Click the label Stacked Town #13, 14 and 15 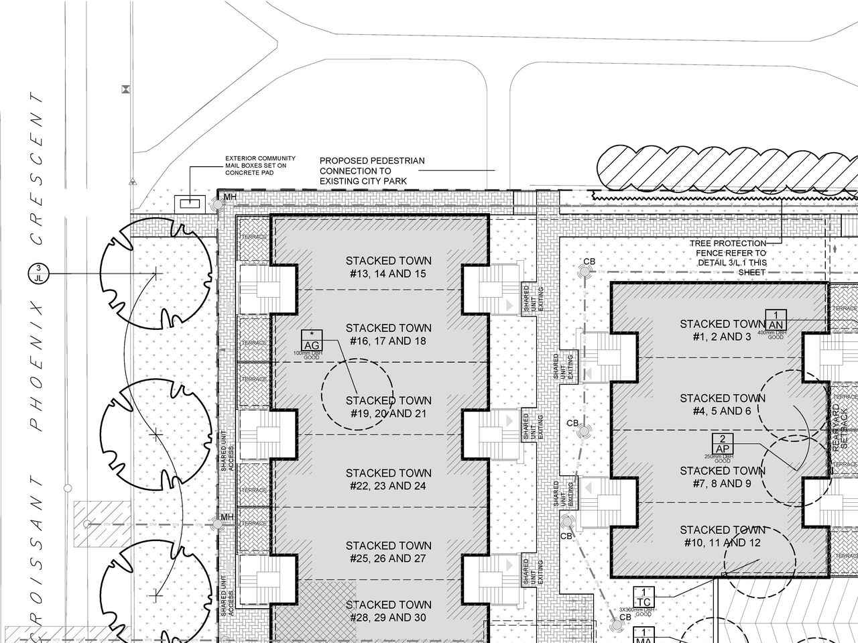(x=388, y=267)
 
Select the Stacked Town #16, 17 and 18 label (x=388, y=334)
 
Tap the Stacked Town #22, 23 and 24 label (x=388, y=479)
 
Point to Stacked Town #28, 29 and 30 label (x=388, y=611)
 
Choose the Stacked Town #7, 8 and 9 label (x=722, y=477)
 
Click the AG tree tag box (x=312, y=341)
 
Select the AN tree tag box (x=776, y=320)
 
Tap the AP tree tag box (x=723, y=444)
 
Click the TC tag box (x=643, y=597)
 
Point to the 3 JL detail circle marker (x=38, y=274)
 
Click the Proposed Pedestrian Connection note (x=372, y=171)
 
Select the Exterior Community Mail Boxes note (x=260, y=166)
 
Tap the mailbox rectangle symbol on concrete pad (x=190, y=202)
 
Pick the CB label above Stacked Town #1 (x=589, y=261)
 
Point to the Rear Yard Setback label (x=840, y=426)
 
